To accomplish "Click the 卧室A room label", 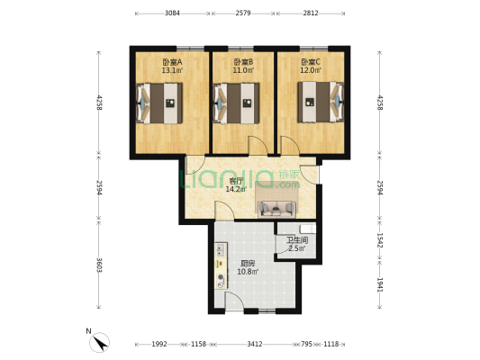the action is click(x=172, y=62).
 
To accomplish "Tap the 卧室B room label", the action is click(x=243, y=62).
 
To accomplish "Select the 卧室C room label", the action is click(x=311, y=62).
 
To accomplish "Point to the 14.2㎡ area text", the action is click(x=236, y=189).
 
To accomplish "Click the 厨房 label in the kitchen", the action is click(x=248, y=264).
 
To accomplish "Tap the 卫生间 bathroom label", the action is click(x=297, y=240).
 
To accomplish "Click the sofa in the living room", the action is click(x=276, y=209).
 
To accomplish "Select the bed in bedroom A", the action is click(x=159, y=103).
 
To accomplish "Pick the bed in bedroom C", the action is click(x=321, y=102).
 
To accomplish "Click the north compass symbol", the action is click(x=99, y=342).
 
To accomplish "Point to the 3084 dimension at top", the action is click(x=172, y=13).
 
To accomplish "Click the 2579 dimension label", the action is click(x=243, y=13).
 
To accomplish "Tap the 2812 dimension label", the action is click(x=311, y=13).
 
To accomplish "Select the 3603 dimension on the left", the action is click(x=99, y=265).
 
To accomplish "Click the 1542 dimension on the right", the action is click(x=380, y=240).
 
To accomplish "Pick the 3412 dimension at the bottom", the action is click(x=255, y=344).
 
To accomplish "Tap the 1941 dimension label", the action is click(x=380, y=284).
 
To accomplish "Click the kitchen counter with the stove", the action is click(x=221, y=265).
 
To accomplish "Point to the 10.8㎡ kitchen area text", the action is click(x=248, y=271).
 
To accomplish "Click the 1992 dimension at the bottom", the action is click(x=159, y=344).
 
